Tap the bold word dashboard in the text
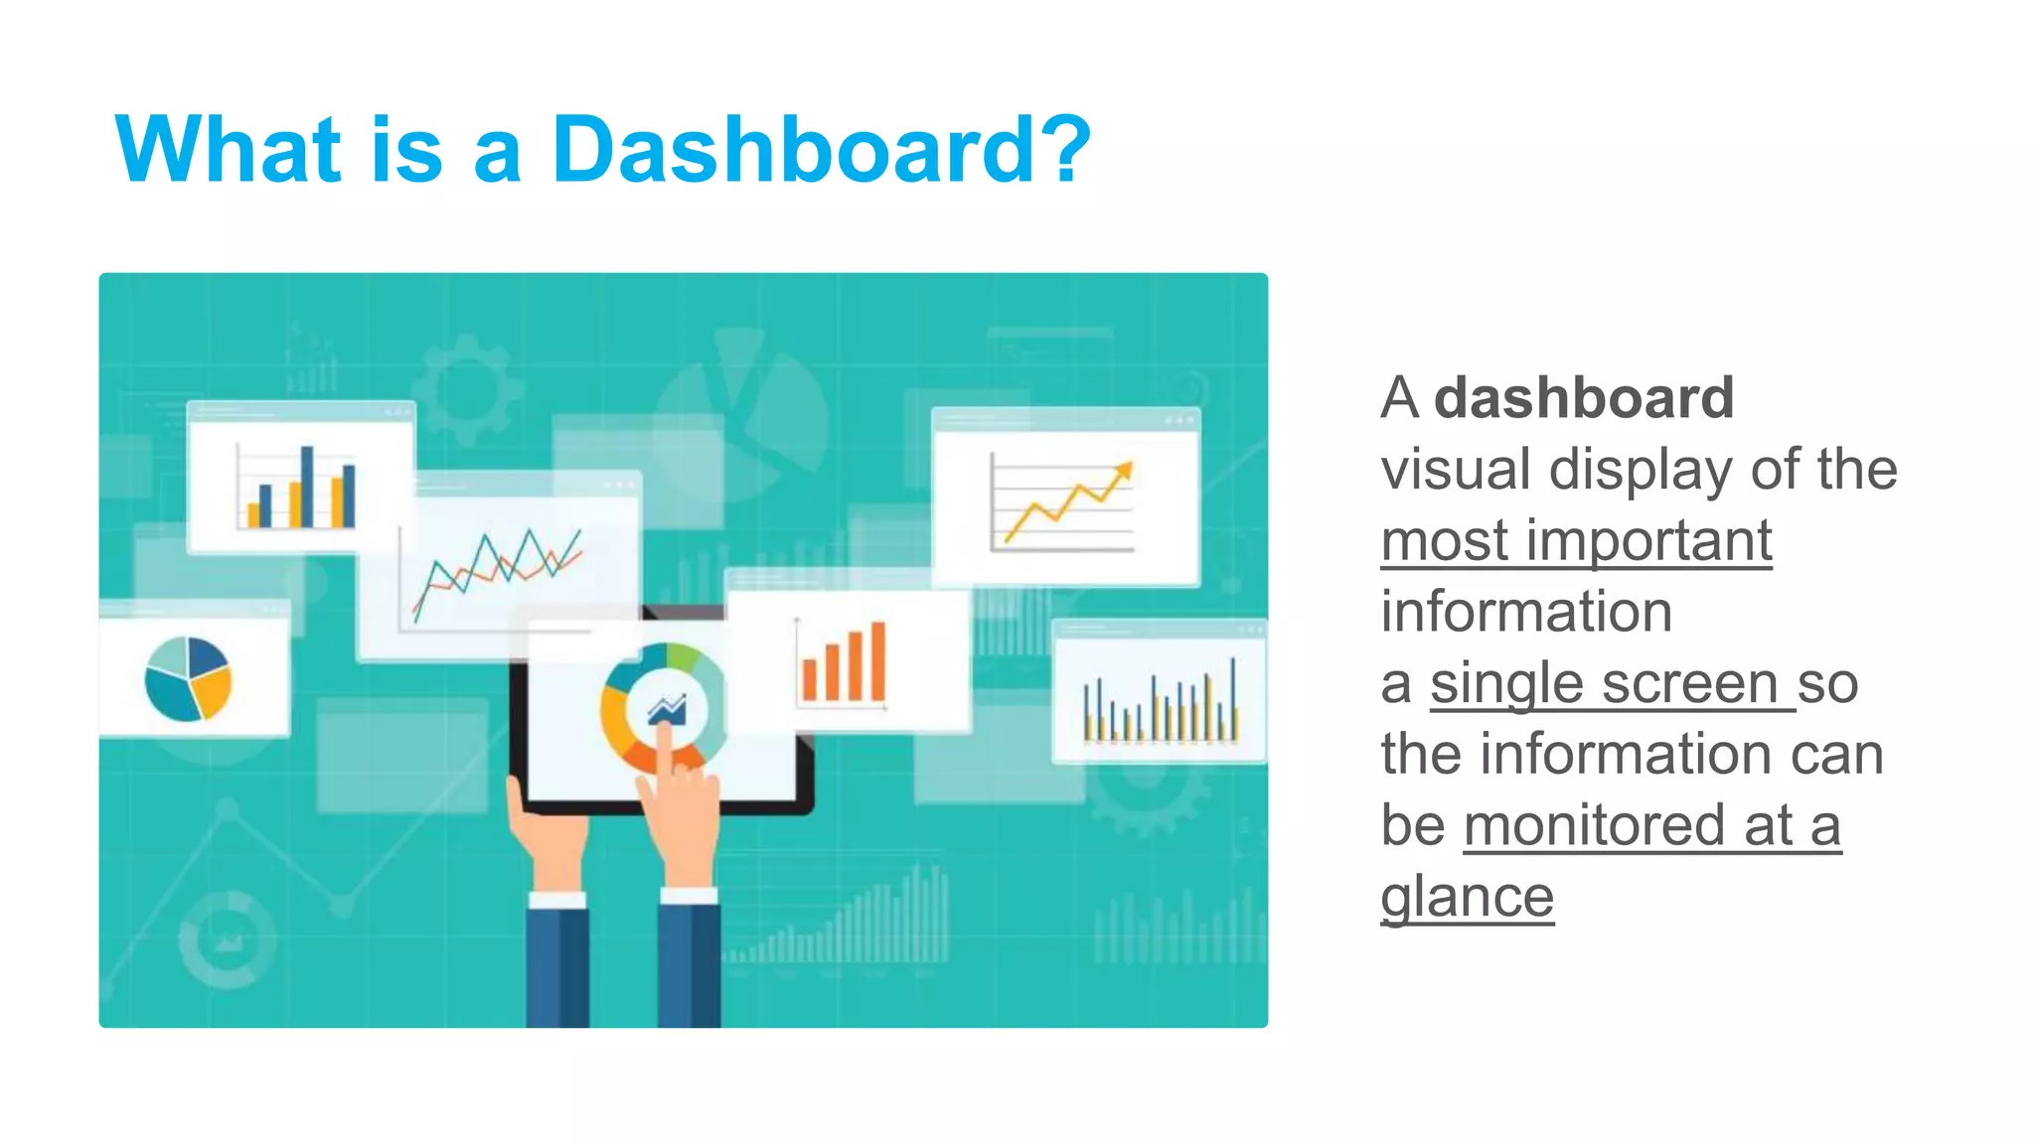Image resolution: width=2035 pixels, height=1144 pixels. point(1583,398)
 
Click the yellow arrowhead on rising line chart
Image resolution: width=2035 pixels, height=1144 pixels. point(1124,470)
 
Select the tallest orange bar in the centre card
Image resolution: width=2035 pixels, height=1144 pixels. point(878,660)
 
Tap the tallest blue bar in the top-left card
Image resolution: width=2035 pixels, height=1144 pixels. point(307,486)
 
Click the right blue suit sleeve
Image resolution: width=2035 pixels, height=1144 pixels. point(689,963)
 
